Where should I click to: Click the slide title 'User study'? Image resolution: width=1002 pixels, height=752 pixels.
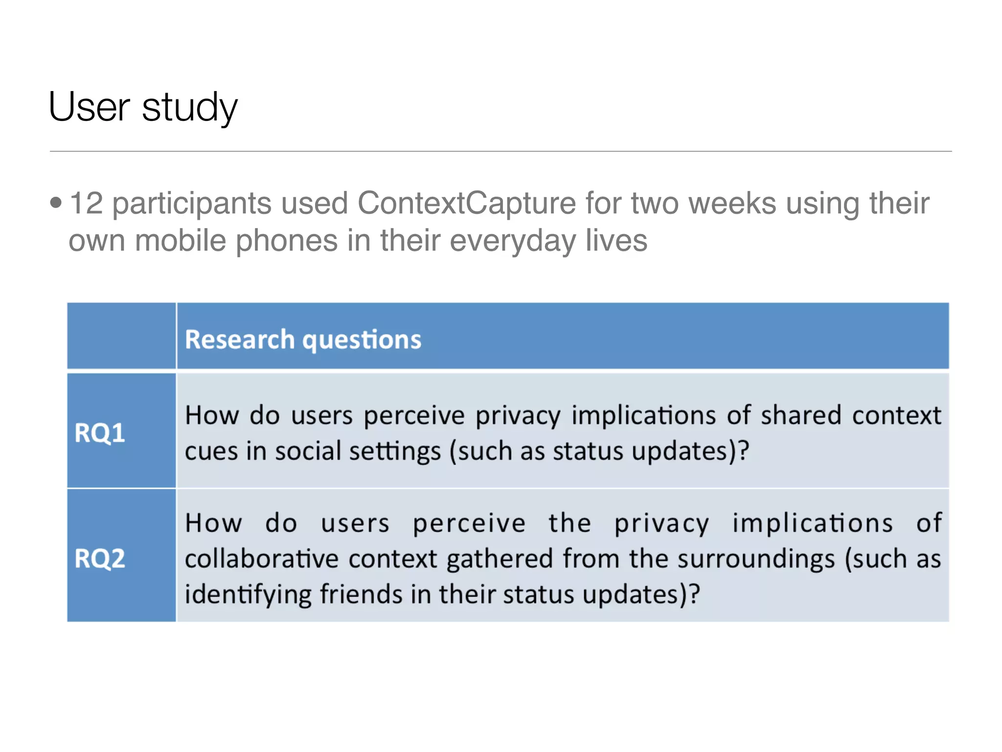143,107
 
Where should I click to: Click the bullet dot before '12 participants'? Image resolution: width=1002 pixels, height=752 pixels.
56,202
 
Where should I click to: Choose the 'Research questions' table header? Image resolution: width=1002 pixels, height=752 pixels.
303,339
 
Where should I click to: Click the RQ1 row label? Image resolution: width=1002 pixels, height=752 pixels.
100,433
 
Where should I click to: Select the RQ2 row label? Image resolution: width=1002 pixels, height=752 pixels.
100,558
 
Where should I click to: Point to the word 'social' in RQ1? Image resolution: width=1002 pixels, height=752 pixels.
308,451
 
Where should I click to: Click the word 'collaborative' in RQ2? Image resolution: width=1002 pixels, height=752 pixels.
262,559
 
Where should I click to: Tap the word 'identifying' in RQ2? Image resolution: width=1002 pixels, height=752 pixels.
248,594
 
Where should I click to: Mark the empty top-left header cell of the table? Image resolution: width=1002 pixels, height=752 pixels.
121,336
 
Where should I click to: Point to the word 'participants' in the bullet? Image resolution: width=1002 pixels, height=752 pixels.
191,204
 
